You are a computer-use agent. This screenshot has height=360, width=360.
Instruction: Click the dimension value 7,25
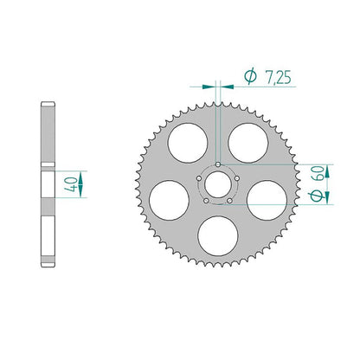[x=278, y=77]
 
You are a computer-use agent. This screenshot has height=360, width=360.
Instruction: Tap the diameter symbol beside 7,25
[x=250, y=76]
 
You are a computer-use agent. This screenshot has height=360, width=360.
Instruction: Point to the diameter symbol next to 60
[x=317, y=196]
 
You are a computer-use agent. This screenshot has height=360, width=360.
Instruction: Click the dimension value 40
[x=71, y=184]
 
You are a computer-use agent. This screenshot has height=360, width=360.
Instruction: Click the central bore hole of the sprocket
[x=218, y=184]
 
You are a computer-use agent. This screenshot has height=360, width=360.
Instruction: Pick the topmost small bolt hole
[x=218, y=164]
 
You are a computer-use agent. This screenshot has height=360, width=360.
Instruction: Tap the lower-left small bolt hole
[x=206, y=201]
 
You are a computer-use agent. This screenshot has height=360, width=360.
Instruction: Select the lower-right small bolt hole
[x=229, y=201]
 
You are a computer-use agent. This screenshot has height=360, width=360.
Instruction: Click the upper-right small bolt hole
[x=237, y=178]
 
